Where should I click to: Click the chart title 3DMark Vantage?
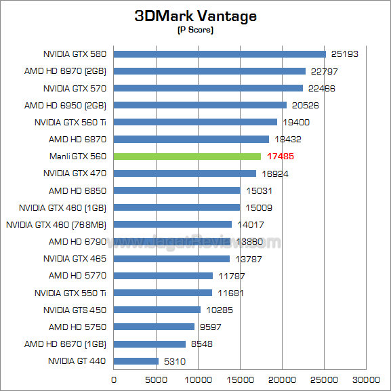coord(195,16)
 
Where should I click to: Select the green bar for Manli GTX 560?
coord(187,157)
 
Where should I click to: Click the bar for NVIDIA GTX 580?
coord(220,54)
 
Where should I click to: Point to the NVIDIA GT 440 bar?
coord(136,361)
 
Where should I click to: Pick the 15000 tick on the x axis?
coord(241,380)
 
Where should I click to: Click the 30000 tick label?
coord(368,380)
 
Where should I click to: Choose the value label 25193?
coord(343,54)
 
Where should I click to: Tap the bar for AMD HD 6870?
coord(191,140)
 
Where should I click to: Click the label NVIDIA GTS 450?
coord(75,310)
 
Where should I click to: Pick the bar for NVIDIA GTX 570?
coord(208,88)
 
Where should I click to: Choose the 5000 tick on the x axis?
coord(156,380)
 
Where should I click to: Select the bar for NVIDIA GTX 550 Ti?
coord(163,293)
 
